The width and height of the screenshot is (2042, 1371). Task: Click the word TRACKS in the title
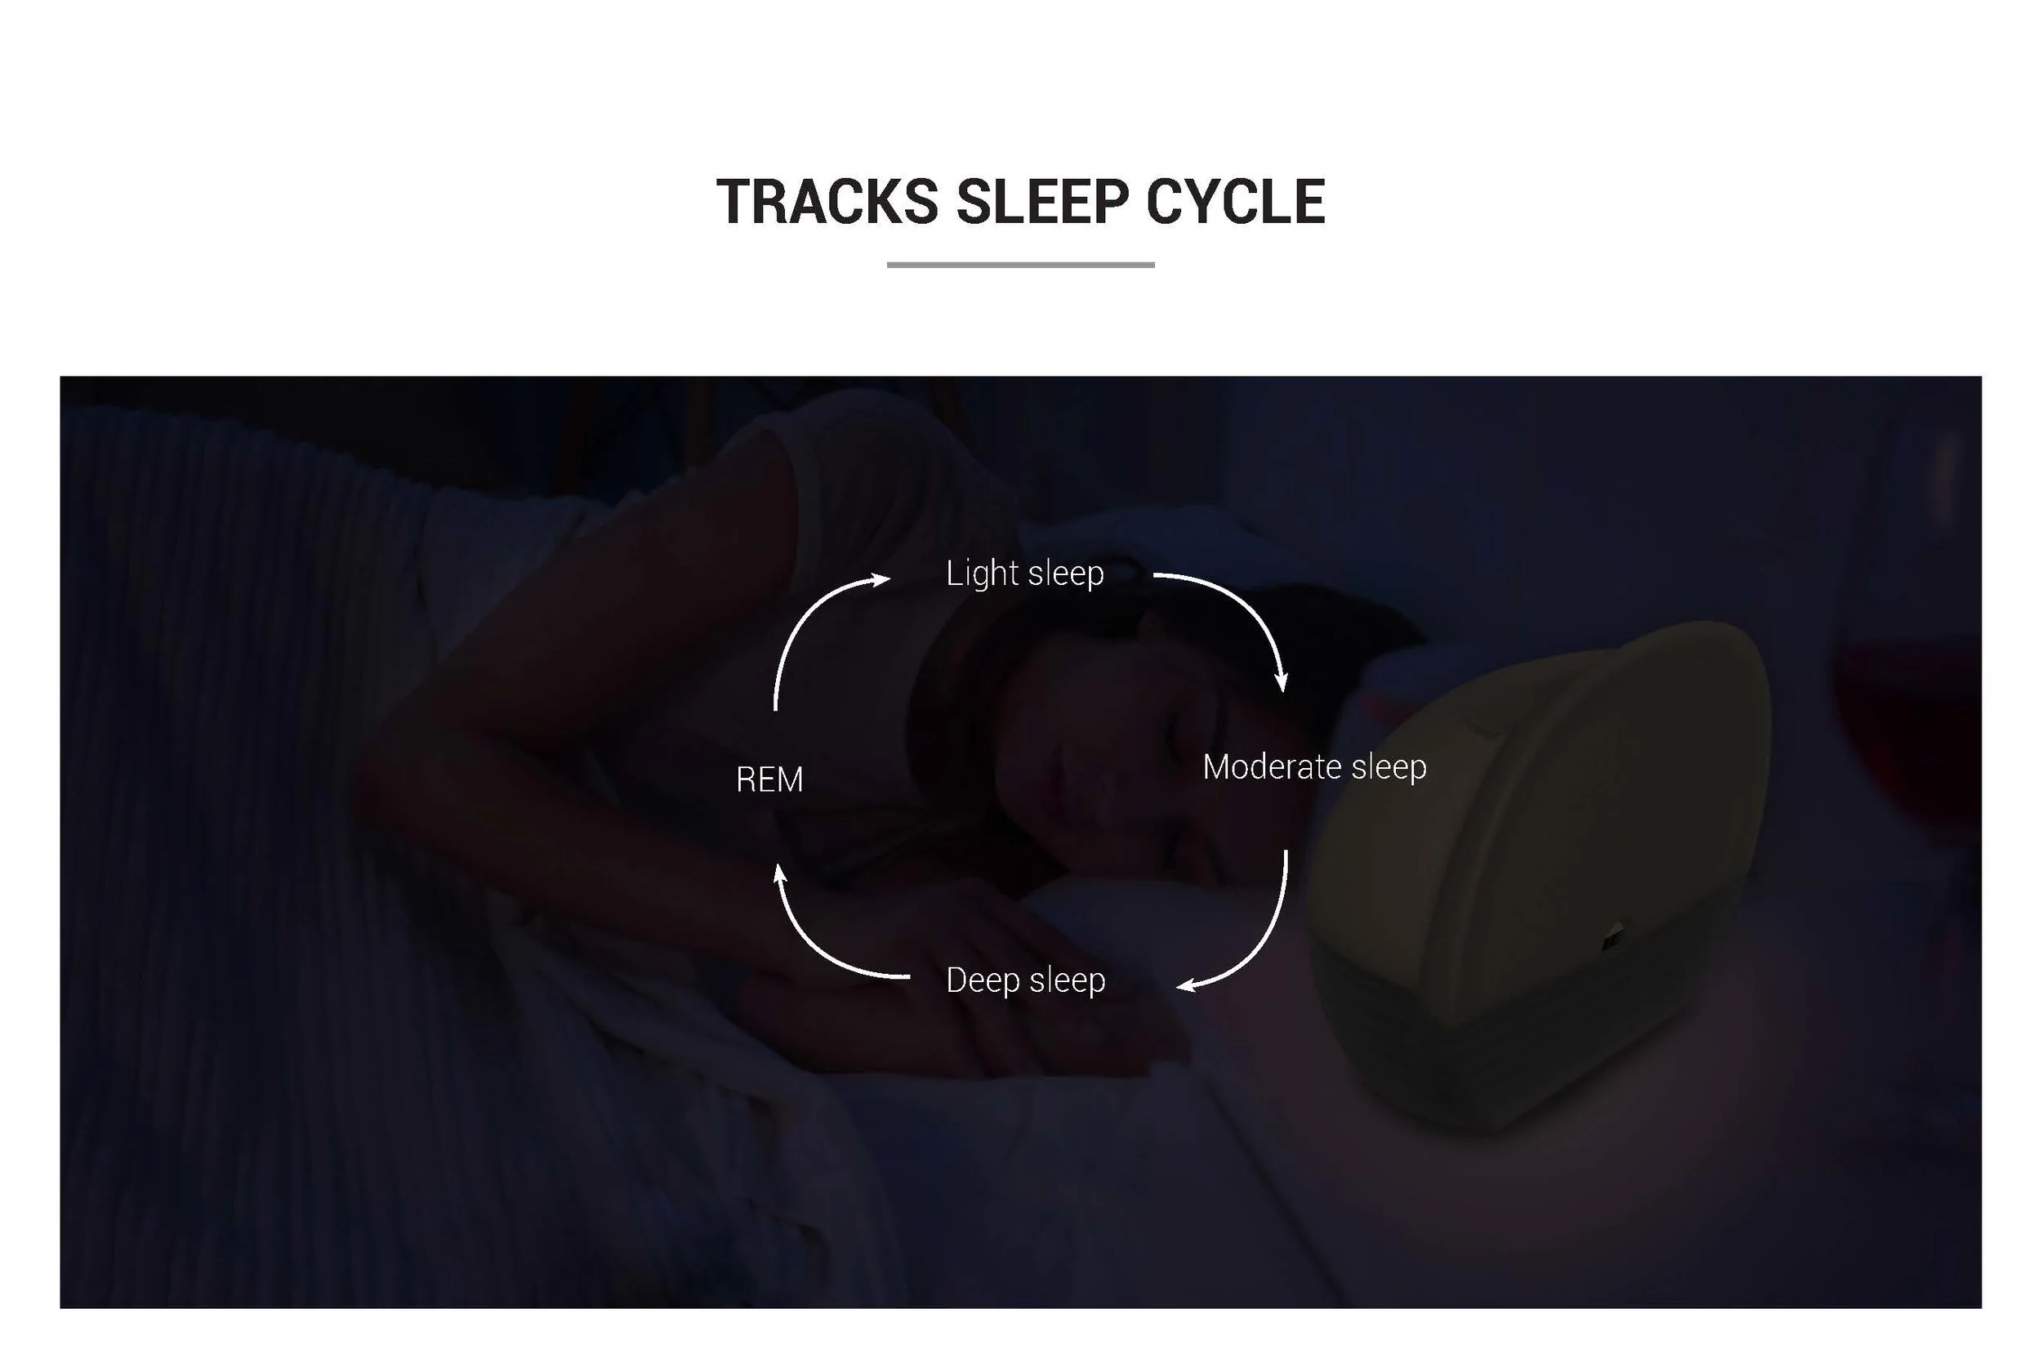[x=827, y=202]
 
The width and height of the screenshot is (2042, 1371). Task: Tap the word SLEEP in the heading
[x=1043, y=202]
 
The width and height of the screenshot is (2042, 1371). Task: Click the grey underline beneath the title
[x=1020, y=264]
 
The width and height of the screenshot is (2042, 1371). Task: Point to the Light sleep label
[x=1024, y=574]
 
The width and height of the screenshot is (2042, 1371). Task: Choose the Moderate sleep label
[x=1314, y=767]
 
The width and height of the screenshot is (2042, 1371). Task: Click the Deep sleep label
[x=1025, y=980]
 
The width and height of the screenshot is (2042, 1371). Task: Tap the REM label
[x=769, y=780]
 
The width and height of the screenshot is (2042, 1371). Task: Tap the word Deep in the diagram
[x=983, y=980]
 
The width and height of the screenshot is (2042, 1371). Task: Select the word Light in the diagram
[x=982, y=574]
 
